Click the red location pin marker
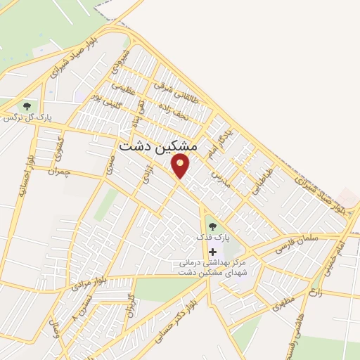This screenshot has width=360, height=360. [181, 166]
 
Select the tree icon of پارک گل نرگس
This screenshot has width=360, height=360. [27, 106]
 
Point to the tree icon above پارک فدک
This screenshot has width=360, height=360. [212, 226]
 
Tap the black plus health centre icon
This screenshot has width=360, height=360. [212, 251]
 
